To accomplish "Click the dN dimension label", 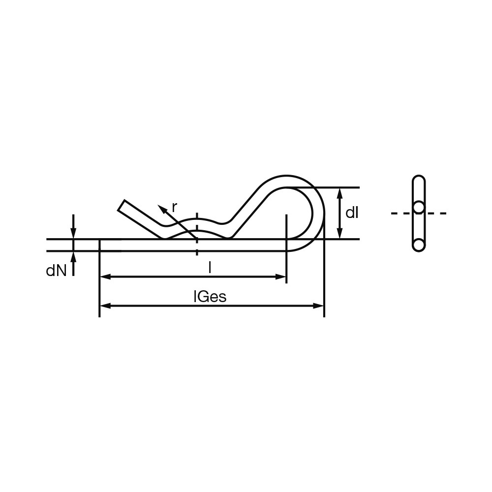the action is [x=57, y=271].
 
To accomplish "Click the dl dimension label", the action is [x=352, y=213].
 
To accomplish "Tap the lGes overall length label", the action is [x=210, y=297].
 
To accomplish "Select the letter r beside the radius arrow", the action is [x=175, y=208].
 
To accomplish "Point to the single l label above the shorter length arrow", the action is [x=210, y=268].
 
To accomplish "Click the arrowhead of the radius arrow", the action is [x=162, y=209].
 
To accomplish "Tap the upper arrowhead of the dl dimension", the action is [x=339, y=193].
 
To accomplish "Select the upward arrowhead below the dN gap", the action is [x=73, y=257].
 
